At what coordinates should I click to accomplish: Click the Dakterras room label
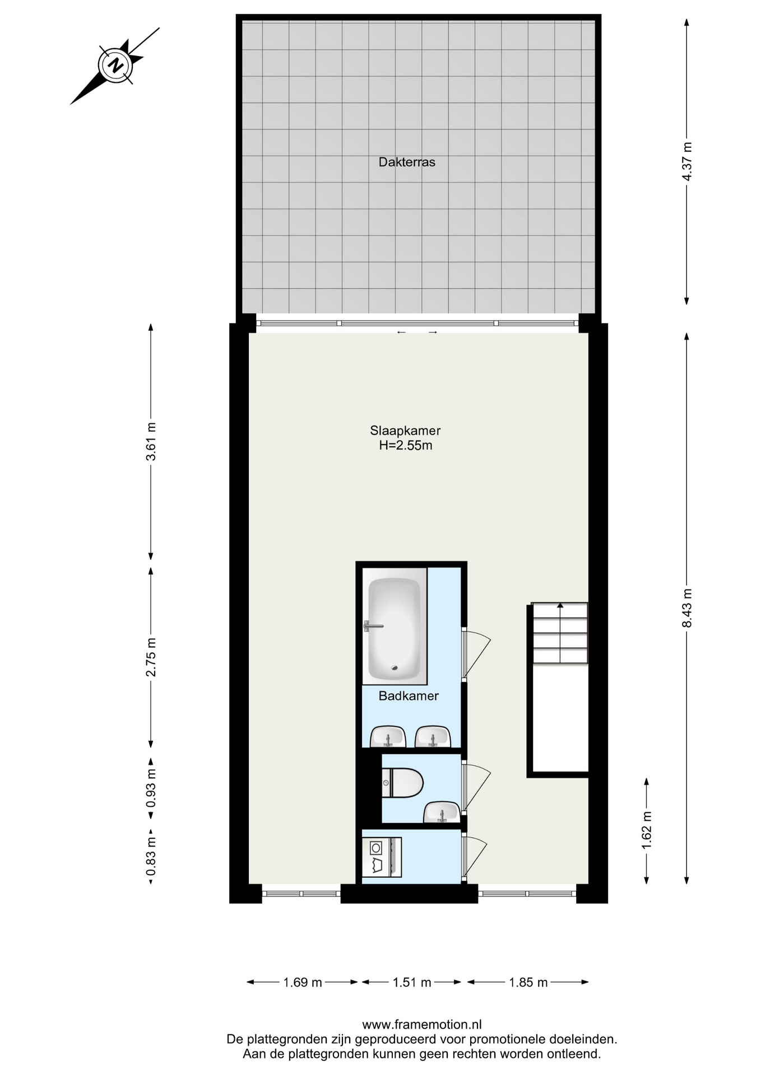click(x=407, y=162)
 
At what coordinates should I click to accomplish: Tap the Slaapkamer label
click(x=405, y=431)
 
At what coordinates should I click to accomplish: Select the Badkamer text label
click(x=409, y=696)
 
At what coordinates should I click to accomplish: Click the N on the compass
click(x=116, y=66)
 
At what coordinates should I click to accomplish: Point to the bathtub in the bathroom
click(x=395, y=626)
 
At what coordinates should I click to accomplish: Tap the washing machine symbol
click(x=381, y=857)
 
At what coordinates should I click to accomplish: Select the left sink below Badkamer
click(x=388, y=736)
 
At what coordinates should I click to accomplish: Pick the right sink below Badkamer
click(x=433, y=736)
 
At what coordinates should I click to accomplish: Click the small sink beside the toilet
click(x=442, y=812)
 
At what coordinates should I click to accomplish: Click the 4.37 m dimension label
click(x=687, y=161)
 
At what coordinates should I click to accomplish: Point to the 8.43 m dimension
click(x=687, y=608)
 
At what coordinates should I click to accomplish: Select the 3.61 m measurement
click(x=151, y=442)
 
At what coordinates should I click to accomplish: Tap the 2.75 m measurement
click(x=151, y=657)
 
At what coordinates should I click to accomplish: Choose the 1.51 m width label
click(x=412, y=982)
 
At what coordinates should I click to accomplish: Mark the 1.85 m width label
click(x=528, y=982)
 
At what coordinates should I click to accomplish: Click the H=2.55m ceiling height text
click(x=406, y=446)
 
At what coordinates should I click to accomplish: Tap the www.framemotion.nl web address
click(x=422, y=1025)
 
